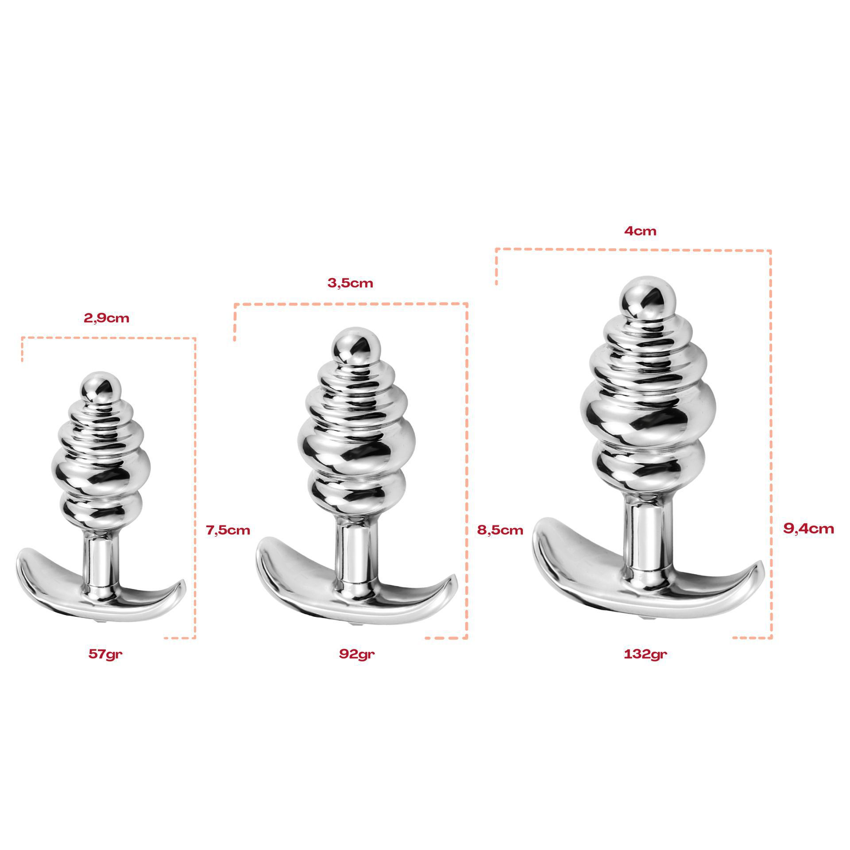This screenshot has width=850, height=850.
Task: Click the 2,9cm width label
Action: pyautogui.click(x=107, y=318)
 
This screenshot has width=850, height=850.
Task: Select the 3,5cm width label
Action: pyautogui.click(x=350, y=283)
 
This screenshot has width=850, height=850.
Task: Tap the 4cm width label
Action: pyautogui.click(x=640, y=231)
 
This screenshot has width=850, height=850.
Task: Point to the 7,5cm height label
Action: pyautogui.click(x=228, y=529)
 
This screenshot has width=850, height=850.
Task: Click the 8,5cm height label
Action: pyautogui.click(x=500, y=529)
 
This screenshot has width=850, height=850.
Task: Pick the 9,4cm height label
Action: pyautogui.click(x=808, y=528)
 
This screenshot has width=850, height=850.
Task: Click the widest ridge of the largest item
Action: pyautogui.click(x=647, y=410)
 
